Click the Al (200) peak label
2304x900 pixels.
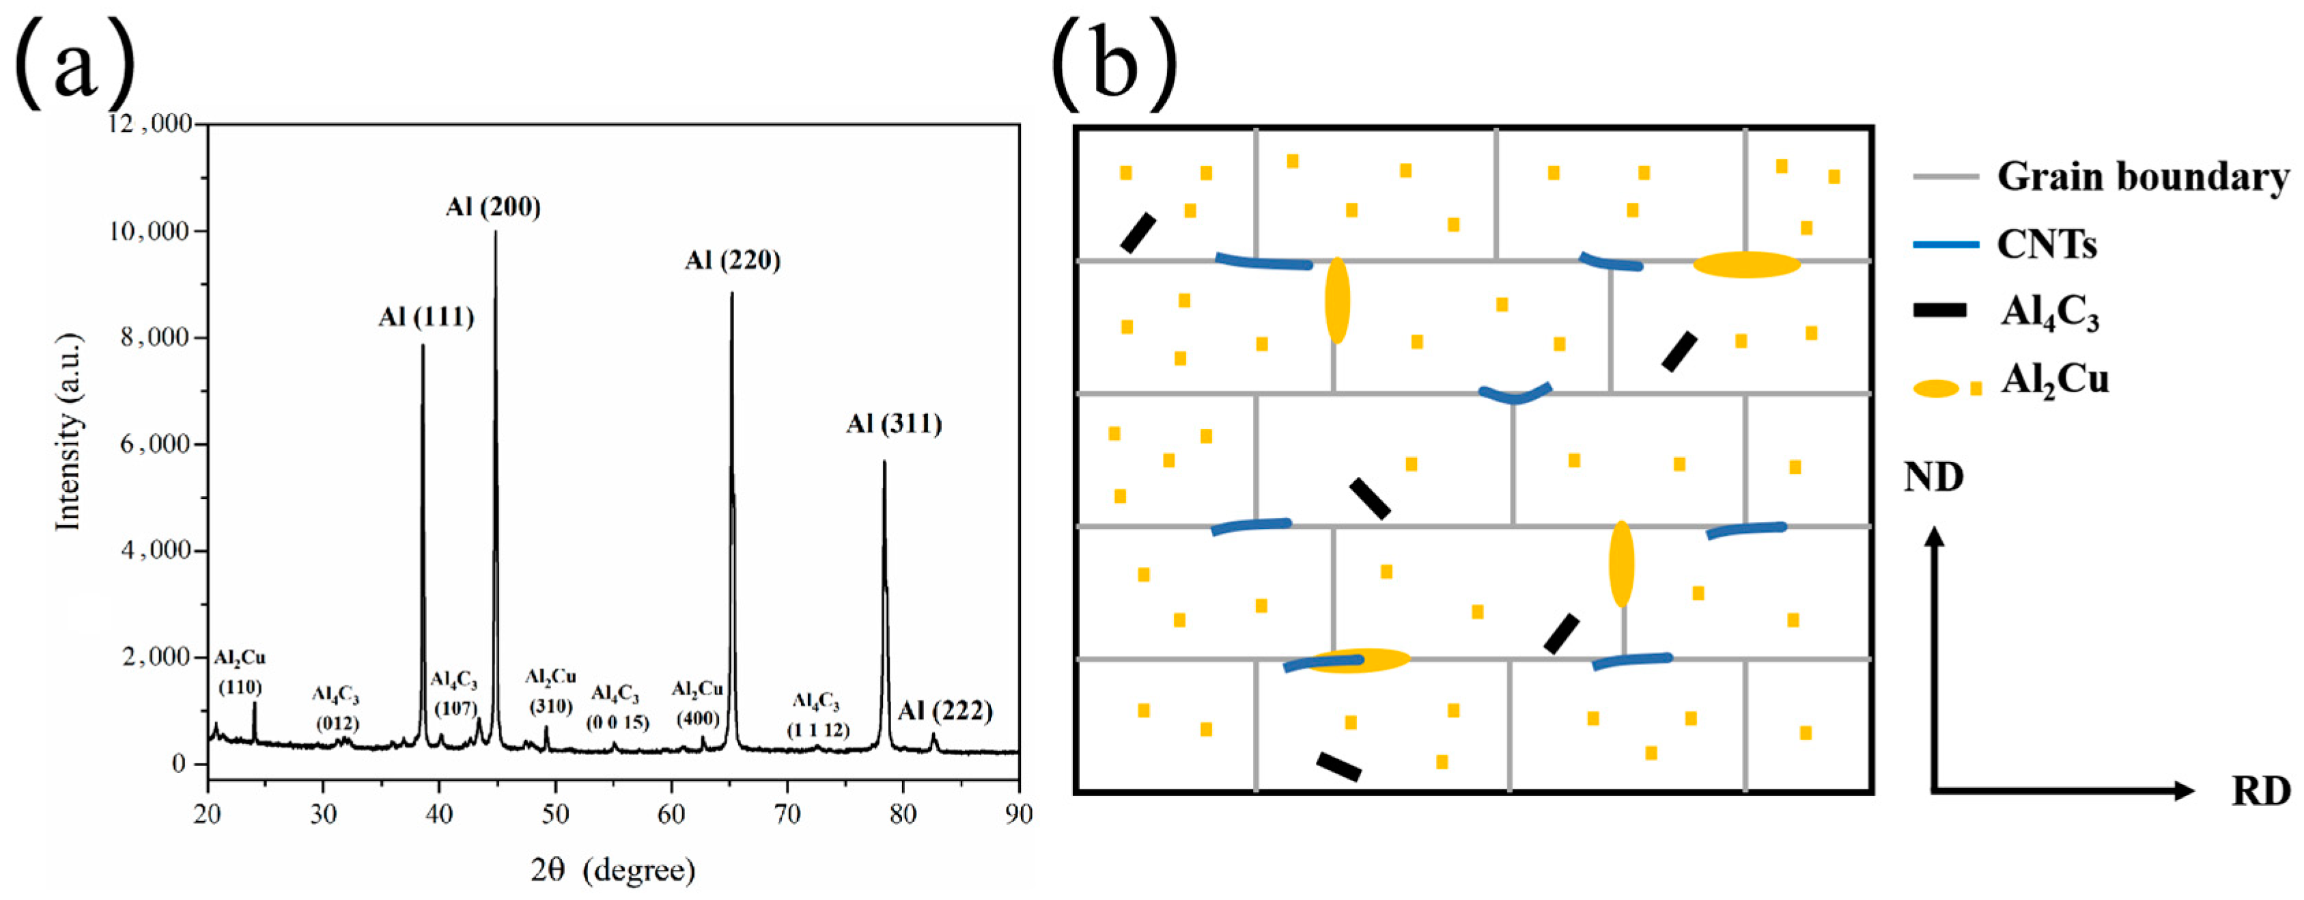click(493, 208)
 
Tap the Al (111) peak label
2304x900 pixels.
click(425, 318)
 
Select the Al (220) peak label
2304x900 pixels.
click(733, 260)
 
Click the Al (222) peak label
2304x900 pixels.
click(945, 711)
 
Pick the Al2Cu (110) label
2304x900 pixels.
click(240, 672)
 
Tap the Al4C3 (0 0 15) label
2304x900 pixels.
click(617, 708)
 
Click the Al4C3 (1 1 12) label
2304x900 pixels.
click(817, 715)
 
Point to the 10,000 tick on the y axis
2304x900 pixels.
click(155, 232)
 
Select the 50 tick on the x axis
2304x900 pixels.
click(554, 814)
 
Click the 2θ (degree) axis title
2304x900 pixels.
click(613, 869)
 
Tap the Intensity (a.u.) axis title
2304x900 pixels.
click(69, 431)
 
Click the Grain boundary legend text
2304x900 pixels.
click(2143, 177)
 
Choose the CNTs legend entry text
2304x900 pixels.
click(2047, 244)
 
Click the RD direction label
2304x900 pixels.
click(2260, 791)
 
